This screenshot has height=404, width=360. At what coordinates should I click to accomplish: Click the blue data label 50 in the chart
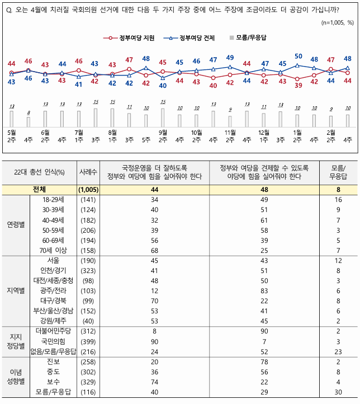pos(298,56)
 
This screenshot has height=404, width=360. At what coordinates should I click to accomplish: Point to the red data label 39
pos(298,86)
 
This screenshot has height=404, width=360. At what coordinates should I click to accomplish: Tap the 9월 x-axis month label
pos(163,132)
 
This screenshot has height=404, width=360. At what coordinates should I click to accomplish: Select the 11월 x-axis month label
pos(230,132)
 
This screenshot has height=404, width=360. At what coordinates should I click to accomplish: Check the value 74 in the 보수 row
pos(146,382)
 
